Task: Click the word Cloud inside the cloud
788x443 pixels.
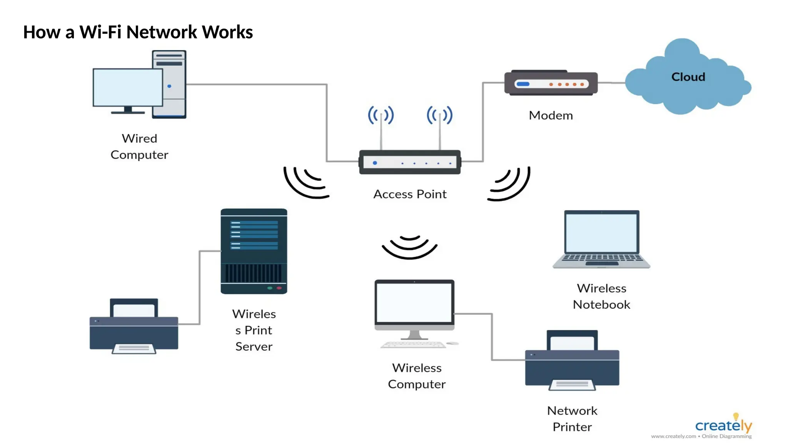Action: pyautogui.click(x=688, y=77)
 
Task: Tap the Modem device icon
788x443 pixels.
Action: pyautogui.click(x=551, y=83)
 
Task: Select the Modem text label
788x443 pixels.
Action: pyautogui.click(x=551, y=115)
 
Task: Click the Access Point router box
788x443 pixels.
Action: pyautogui.click(x=410, y=162)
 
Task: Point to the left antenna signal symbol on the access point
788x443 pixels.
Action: pyautogui.click(x=381, y=115)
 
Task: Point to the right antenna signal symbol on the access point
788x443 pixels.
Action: pyautogui.click(x=440, y=115)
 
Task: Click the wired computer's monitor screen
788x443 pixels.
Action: pyautogui.click(x=128, y=87)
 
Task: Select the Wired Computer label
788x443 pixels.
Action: pyautogui.click(x=139, y=147)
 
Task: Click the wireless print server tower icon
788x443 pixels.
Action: pyautogui.click(x=254, y=251)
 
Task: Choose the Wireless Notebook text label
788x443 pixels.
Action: pyautogui.click(x=601, y=296)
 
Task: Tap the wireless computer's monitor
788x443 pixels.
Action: pyautogui.click(x=414, y=304)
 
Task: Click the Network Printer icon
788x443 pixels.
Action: pyautogui.click(x=572, y=361)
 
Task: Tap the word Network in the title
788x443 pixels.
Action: pyautogui.click(x=162, y=32)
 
